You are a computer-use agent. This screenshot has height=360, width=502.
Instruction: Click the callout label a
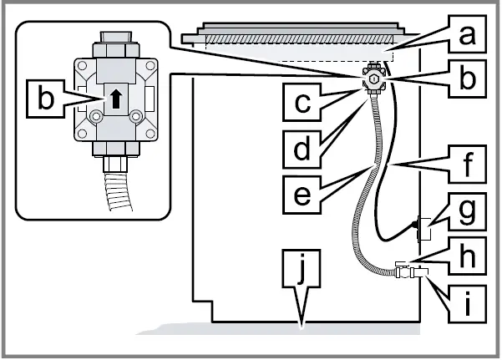click(x=468, y=35)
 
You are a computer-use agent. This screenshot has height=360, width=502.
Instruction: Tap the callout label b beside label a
click(x=468, y=79)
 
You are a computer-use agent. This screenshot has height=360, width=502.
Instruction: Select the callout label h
click(x=468, y=251)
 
